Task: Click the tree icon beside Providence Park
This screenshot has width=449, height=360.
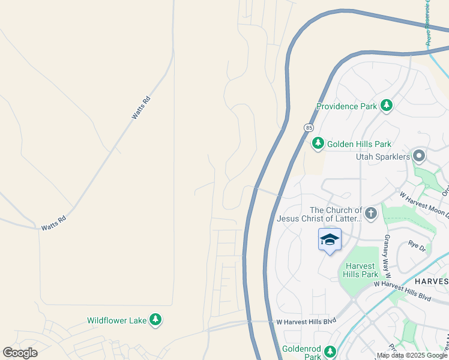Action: pyautogui.click(x=387, y=107)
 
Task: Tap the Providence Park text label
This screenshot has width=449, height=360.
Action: pyautogui.click(x=347, y=107)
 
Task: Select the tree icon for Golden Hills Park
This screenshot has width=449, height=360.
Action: pyautogui.click(x=318, y=144)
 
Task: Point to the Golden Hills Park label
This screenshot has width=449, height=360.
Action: pyautogui.click(x=358, y=144)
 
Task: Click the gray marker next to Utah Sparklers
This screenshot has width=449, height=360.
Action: pyautogui.click(x=419, y=157)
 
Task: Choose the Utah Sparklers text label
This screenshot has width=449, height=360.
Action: pyautogui.click(x=383, y=157)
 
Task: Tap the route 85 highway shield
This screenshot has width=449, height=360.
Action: pyautogui.click(x=309, y=128)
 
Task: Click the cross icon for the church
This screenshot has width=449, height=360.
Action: pyautogui.click(x=371, y=213)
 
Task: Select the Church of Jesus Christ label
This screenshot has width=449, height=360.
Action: pyautogui.click(x=319, y=214)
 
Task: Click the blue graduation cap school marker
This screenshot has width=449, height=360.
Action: pyautogui.click(x=329, y=240)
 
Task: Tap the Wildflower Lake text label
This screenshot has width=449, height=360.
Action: pyautogui.click(x=117, y=320)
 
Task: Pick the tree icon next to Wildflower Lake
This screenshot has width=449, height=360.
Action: pyautogui.click(x=155, y=320)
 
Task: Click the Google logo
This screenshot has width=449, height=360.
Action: pyautogui.click(x=20, y=353)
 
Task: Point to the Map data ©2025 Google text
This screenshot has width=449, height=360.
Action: pyautogui.click(x=411, y=355)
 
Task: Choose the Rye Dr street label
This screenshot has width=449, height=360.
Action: pyautogui.click(x=417, y=245)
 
